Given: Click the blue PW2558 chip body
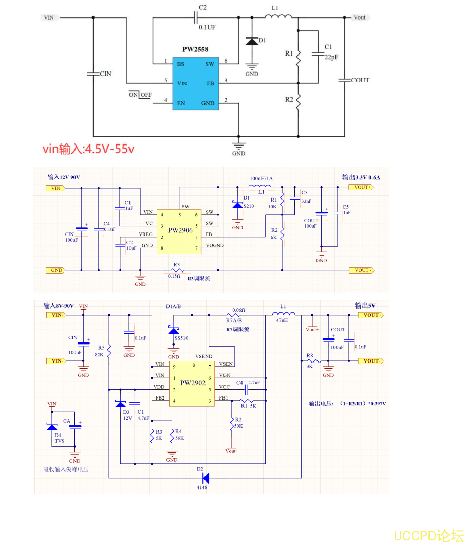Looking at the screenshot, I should click(x=195, y=82).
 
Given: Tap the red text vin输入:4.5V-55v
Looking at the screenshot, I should click(x=88, y=149).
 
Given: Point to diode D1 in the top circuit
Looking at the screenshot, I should click(x=252, y=41).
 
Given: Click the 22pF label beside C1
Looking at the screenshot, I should click(x=331, y=57).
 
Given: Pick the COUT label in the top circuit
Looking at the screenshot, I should click(x=360, y=80).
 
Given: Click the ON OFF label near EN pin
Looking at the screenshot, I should click(x=140, y=95).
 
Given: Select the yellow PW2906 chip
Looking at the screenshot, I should click(x=180, y=230).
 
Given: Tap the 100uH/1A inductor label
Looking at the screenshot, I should click(x=261, y=178).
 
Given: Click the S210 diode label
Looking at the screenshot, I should click(x=249, y=206).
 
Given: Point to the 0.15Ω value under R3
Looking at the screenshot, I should click(x=175, y=276).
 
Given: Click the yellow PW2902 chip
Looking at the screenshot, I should click(x=192, y=383).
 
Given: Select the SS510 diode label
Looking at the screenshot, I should click(x=181, y=338).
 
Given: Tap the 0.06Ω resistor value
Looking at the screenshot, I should click(x=238, y=310).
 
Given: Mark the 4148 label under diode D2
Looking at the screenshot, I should click(x=202, y=487).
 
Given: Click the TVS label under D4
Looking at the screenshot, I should click(x=60, y=441).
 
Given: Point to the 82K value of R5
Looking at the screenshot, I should click(x=99, y=354).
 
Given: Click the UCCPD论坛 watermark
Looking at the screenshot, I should click(x=428, y=535).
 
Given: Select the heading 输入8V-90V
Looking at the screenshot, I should click(x=59, y=306).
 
